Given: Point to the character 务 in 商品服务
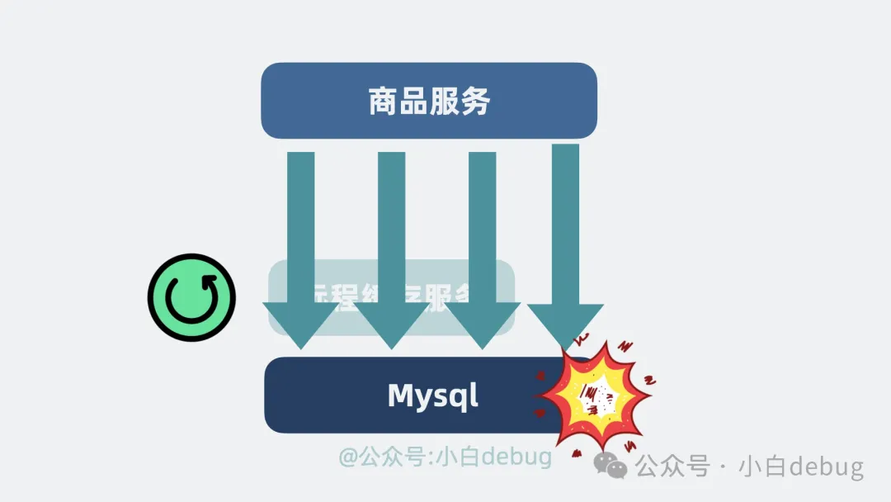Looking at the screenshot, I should [476, 102].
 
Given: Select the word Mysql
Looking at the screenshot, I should [432, 396].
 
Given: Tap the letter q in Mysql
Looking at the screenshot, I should [459, 399].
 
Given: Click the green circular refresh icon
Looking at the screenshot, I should [191, 297].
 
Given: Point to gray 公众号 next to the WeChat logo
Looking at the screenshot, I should [672, 467].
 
